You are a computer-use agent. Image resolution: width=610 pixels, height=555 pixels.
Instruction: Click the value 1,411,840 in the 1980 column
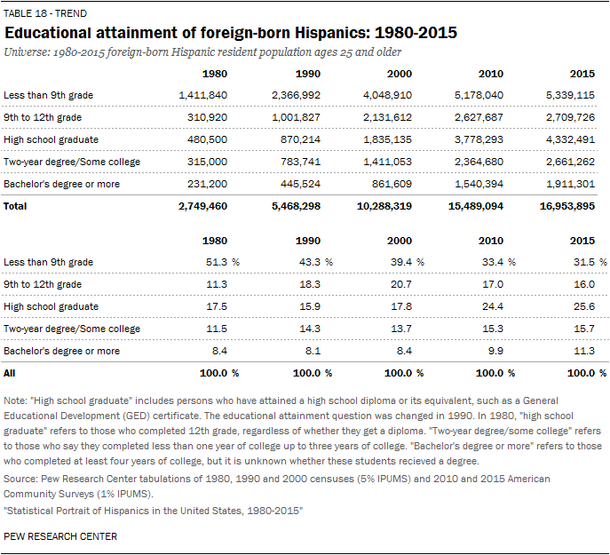pos(203,95)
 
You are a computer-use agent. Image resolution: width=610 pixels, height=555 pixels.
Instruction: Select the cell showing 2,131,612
pos(387,117)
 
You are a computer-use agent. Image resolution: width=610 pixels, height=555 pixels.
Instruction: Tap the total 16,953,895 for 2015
pos(567,206)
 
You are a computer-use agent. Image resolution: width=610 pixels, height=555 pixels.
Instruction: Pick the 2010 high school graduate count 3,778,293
pos(479,139)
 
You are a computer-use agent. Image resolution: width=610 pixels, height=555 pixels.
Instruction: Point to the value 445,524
pos(301,184)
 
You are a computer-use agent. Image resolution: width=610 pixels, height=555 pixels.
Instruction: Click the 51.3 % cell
pos(223,262)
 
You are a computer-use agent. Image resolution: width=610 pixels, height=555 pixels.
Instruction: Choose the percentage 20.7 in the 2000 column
pos(401,284)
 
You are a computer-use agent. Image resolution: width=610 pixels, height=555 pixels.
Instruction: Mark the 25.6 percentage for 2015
pos(584,306)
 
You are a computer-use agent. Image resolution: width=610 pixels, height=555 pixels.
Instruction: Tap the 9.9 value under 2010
pos(495,351)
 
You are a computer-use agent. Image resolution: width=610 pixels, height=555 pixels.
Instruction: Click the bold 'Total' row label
pos(15,206)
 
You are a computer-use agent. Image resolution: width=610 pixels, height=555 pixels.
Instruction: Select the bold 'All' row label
pos(10,373)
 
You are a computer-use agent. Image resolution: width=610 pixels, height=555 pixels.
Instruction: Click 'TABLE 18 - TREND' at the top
pos(45,13)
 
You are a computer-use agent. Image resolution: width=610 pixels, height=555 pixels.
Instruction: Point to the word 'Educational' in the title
pos(48,33)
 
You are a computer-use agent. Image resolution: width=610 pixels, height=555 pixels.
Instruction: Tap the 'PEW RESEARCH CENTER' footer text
pos(60,536)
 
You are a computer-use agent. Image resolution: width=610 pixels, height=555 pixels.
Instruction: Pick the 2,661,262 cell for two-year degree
pos(570,162)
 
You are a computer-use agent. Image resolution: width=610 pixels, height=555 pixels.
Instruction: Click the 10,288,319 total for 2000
pos(384,206)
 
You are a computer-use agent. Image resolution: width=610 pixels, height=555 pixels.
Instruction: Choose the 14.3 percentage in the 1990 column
pos(310,329)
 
